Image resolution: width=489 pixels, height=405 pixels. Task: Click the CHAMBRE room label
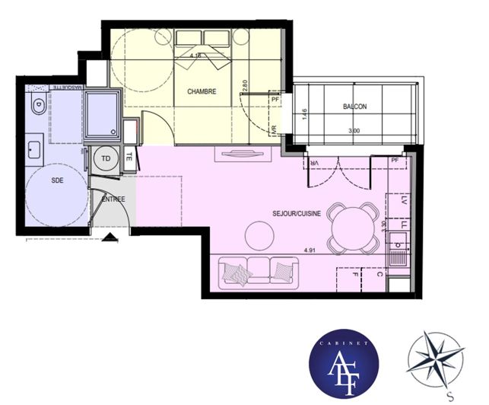[x=202, y=91]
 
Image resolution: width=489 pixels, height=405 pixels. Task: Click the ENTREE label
[x=114, y=199]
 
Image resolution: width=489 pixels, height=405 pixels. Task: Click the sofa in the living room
[x=258, y=273]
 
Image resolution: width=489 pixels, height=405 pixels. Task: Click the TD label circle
[x=105, y=159]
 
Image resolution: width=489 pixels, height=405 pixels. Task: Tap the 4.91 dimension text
[x=310, y=250]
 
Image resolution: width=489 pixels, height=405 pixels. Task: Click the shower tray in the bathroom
[x=102, y=115]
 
